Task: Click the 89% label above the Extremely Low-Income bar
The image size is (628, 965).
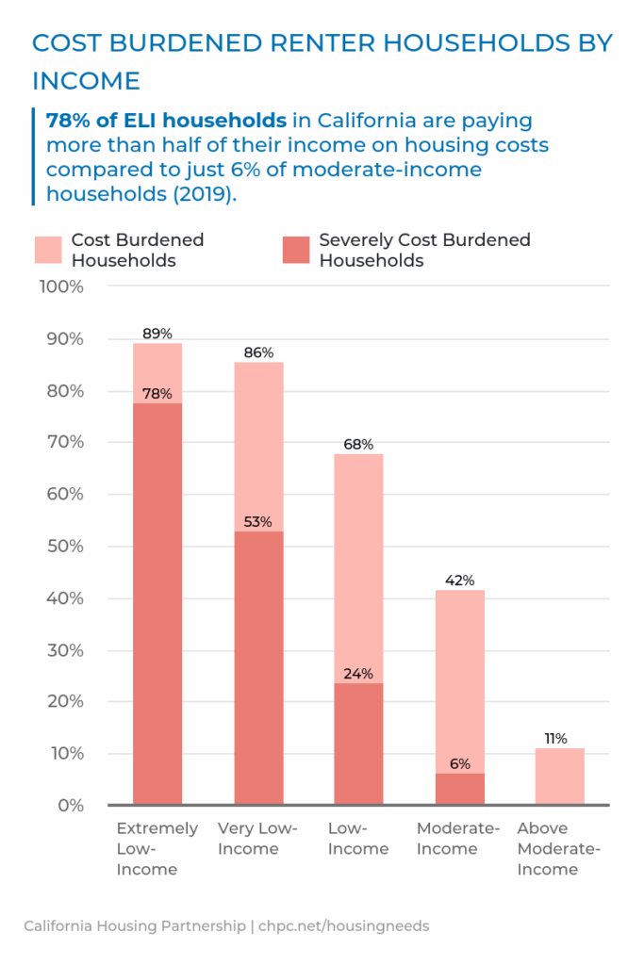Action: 157,333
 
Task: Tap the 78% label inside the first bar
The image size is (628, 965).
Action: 157,394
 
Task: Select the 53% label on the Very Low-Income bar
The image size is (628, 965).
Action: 258,522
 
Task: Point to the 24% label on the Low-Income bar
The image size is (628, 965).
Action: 359,673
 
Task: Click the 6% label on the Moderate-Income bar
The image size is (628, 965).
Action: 459,764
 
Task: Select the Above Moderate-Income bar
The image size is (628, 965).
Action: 560,777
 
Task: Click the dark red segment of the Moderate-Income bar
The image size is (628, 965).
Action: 460,790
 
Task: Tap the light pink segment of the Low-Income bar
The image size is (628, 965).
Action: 359,565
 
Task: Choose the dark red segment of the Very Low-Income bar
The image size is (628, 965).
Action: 258,669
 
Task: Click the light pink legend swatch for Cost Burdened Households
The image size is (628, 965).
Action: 47,250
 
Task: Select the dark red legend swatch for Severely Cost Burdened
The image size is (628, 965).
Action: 295,250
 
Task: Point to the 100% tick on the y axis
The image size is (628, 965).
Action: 61,286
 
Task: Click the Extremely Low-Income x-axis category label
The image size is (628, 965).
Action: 157,848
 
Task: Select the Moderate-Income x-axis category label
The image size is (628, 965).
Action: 458,839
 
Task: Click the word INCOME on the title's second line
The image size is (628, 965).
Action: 86,81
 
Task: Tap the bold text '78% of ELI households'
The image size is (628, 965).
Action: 166,121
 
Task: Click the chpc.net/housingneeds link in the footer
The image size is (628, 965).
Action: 343,926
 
